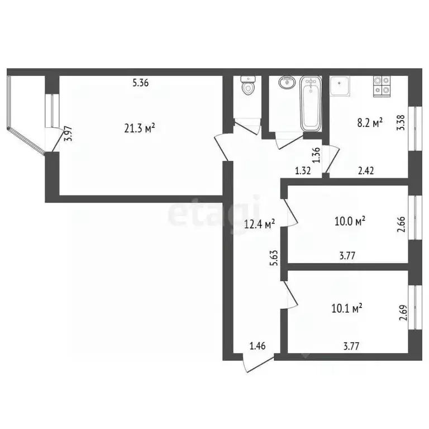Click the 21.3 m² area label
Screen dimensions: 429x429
[139, 128]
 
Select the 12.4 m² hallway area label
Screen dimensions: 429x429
[260, 225]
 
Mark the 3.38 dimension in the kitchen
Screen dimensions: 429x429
[400, 122]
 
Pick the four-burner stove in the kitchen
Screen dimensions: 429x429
[383, 85]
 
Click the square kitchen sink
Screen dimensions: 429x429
[340, 87]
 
